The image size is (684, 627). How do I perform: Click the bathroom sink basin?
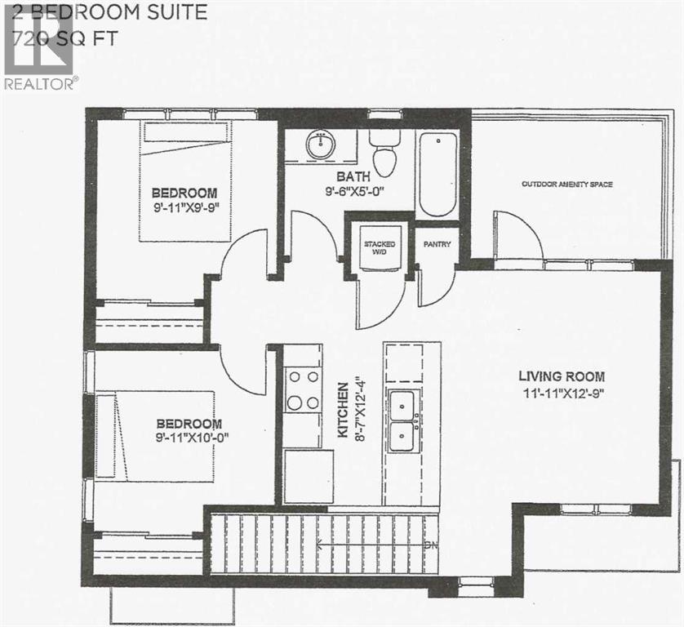pyautogui.click(x=320, y=146)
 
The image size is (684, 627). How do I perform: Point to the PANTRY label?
pyautogui.click(x=433, y=244)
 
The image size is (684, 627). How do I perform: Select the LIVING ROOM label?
pyautogui.click(x=562, y=376)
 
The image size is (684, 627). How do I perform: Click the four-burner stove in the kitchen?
pyautogui.click(x=303, y=389)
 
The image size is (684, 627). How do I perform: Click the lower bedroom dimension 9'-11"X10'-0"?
pyautogui.click(x=189, y=438)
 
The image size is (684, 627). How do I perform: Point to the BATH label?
pyautogui.click(x=355, y=176)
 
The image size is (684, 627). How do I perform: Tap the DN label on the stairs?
pyautogui.click(x=429, y=542)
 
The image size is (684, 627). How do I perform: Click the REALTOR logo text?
pyautogui.click(x=41, y=82)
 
